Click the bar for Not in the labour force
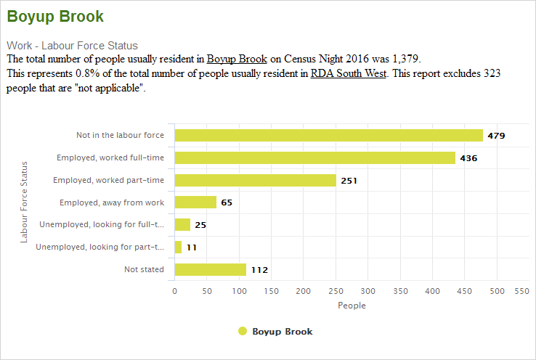(x=328, y=135)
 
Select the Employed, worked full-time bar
(x=314, y=157)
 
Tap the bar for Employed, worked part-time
(x=255, y=180)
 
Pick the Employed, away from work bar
(x=195, y=202)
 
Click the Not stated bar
(x=211, y=270)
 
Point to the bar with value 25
(x=182, y=225)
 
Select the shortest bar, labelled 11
(x=178, y=247)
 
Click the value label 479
(x=496, y=136)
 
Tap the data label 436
(x=468, y=158)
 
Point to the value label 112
(x=259, y=271)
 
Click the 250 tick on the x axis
(x=336, y=291)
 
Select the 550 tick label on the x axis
(x=521, y=291)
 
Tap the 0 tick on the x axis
(x=174, y=291)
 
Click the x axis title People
(x=352, y=306)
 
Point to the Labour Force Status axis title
(x=24, y=202)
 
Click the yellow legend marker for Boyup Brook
(x=243, y=331)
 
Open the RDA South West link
(x=349, y=73)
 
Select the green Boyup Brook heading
(x=55, y=17)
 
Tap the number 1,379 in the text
(x=405, y=58)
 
